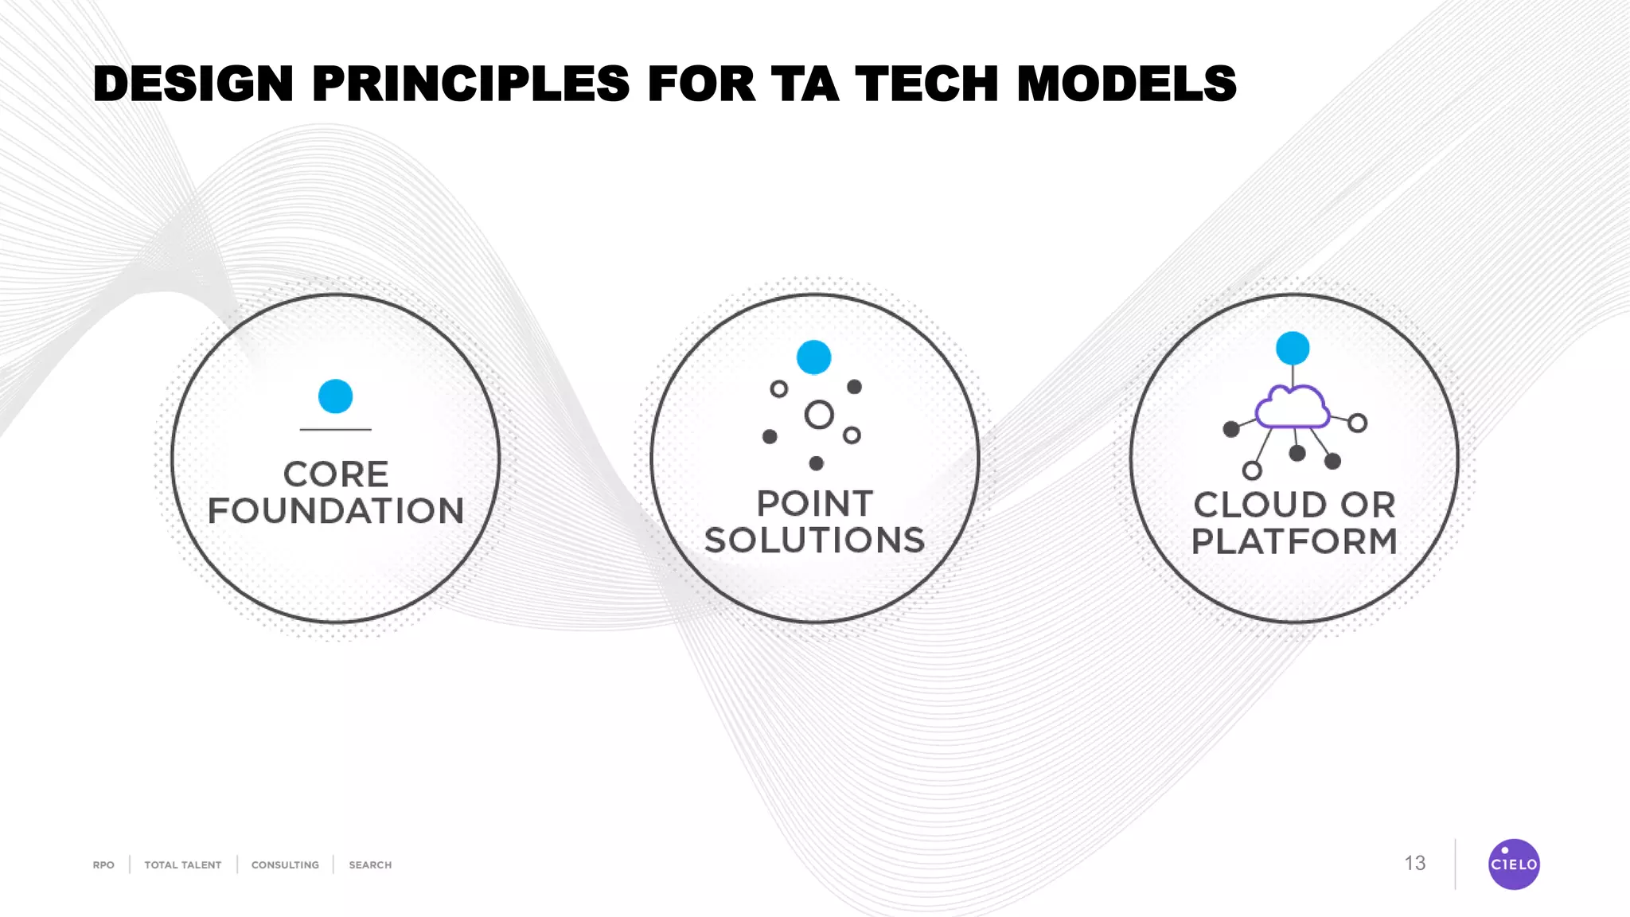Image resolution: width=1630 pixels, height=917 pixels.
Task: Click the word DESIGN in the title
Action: pos(193,84)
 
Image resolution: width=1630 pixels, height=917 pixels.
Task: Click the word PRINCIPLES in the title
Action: pos(470,84)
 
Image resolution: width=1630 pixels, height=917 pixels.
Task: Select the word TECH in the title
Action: pos(926,84)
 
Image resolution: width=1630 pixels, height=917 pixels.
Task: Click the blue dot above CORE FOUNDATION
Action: pos(335,396)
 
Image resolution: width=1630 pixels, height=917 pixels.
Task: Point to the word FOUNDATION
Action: pos(335,511)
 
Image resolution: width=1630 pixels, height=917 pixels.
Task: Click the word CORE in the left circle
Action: pos(335,474)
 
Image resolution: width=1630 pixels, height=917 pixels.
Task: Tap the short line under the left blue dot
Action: pos(335,430)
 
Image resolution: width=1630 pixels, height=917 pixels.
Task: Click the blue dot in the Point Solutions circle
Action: pos(813,357)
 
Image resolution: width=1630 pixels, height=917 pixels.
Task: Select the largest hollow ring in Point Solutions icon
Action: pos(819,415)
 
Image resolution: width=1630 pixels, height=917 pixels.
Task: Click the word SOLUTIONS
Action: pos(814,540)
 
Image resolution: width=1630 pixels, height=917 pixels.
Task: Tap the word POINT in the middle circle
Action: pos(814,504)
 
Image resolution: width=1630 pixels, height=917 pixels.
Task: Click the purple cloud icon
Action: pos(1292,408)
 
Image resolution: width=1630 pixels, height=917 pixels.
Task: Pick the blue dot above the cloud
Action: pos(1293,348)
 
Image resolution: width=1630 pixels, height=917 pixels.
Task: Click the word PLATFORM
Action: pos(1294,541)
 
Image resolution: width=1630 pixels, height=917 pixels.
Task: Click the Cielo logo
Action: pos(1513,864)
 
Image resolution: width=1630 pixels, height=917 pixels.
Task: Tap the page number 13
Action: pos(1414,864)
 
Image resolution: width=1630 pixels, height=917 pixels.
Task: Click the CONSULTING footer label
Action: pos(285,865)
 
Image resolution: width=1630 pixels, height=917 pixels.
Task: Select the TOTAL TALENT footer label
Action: pos(182,865)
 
